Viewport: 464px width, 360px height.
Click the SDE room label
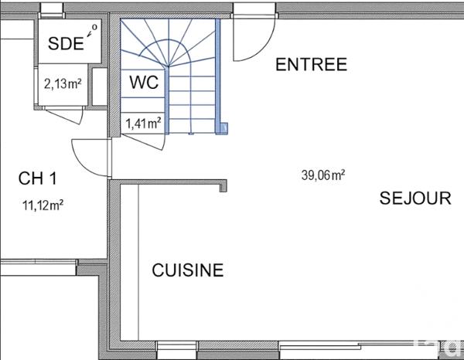pos(66,44)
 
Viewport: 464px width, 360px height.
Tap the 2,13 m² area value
pos(63,84)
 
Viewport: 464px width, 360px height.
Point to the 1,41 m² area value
pos(144,122)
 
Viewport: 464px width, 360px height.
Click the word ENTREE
pos(312,65)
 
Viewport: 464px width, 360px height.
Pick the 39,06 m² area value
pos(323,175)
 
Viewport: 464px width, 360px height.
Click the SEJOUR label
pos(415,199)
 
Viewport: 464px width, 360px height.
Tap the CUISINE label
pos(188,270)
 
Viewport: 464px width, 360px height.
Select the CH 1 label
pos(38,178)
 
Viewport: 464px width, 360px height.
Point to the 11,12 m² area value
pos(43,205)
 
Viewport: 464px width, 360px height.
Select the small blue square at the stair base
pos(223,128)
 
